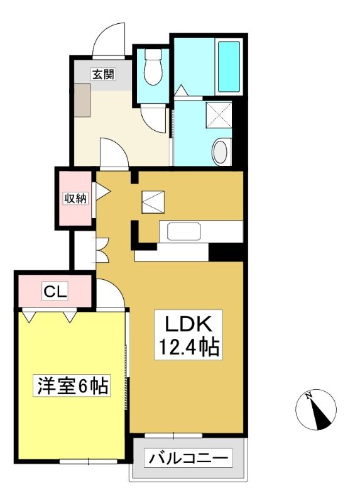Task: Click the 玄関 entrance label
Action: (103, 74)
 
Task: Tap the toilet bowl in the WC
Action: (153, 67)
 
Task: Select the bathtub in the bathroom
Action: (229, 67)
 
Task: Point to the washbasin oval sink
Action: (221, 152)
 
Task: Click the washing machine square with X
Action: (219, 114)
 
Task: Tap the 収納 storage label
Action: (75, 199)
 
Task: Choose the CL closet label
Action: (55, 291)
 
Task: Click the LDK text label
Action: (188, 324)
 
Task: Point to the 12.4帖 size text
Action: (189, 347)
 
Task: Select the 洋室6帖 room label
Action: (72, 385)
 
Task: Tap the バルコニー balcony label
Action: (188, 459)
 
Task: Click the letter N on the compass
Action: (308, 395)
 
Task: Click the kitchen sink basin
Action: (184, 231)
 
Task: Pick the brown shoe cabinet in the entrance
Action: (82, 100)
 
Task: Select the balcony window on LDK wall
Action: (173, 435)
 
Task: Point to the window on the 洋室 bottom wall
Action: (89, 462)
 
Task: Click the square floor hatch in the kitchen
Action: (153, 202)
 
